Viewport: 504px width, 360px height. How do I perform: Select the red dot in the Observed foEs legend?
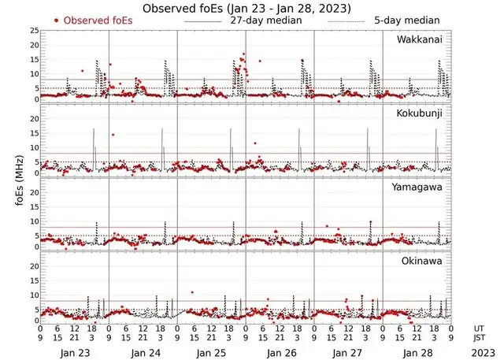[x=56, y=20]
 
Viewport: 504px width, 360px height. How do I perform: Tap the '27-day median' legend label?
[x=265, y=20]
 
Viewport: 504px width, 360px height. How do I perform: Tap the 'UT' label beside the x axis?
[x=479, y=328]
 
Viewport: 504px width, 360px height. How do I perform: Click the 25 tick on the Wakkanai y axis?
[x=34, y=31]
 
